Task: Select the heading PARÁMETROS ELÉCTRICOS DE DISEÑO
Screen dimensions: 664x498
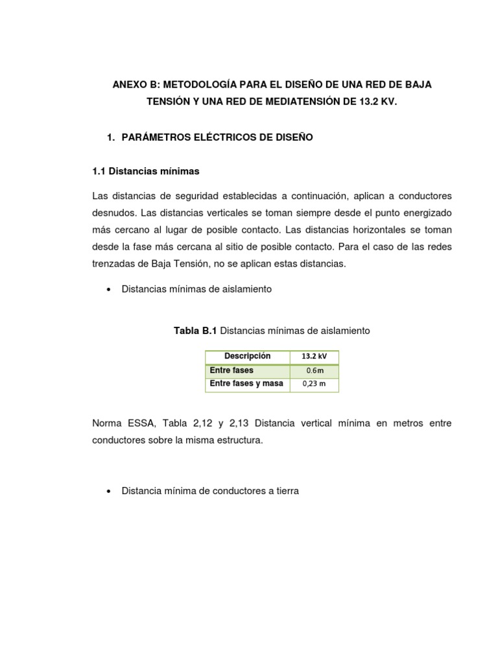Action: click(x=217, y=137)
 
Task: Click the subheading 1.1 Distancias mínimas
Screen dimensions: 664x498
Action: click(x=147, y=171)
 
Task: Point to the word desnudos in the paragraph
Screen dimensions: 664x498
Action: click(x=114, y=213)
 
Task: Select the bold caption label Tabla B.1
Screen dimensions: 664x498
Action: click(x=195, y=331)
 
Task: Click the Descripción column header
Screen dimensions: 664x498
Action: click(x=247, y=357)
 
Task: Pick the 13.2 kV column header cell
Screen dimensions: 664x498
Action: click(x=314, y=357)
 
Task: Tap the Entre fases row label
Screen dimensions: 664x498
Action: click(x=231, y=370)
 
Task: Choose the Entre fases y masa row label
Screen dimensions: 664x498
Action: click(x=246, y=384)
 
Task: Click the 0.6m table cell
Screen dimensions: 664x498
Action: click(x=314, y=371)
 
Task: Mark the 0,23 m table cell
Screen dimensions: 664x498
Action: click(x=314, y=385)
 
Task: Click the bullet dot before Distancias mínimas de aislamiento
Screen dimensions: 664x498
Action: click(x=107, y=290)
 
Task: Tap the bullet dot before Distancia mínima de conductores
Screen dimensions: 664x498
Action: click(x=107, y=492)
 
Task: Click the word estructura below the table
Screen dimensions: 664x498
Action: click(x=222, y=440)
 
